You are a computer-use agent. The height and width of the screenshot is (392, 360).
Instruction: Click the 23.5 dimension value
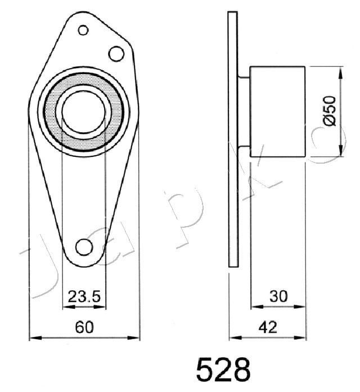(x=84, y=296)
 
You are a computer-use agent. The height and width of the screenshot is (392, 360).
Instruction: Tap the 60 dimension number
(x=84, y=327)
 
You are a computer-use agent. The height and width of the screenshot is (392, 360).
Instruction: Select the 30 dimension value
(x=278, y=296)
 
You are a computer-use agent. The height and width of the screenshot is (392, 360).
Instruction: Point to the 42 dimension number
(x=268, y=327)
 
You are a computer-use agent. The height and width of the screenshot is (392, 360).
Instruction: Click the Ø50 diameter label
(x=329, y=111)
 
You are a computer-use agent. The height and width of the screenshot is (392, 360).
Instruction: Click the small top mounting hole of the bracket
(x=83, y=30)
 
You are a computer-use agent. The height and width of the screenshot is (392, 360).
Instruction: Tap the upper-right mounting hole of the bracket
(x=116, y=54)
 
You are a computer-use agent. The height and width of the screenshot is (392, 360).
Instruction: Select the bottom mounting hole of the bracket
(x=84, y=247)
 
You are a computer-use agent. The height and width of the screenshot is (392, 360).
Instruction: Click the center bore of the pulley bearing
(x=83, y=111)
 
